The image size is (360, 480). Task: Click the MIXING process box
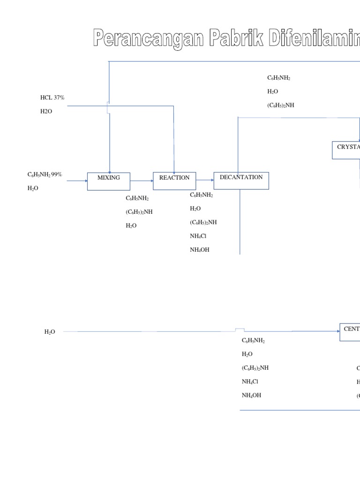point(109,181)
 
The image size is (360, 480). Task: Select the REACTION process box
point(174,180)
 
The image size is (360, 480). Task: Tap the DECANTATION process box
point(241,180)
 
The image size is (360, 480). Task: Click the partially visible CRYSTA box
point(346,150)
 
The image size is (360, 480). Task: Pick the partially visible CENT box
point(350,332)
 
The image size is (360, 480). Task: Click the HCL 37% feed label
point(52,97)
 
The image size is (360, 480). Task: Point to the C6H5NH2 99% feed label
point(45,174)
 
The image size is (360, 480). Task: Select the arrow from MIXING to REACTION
point(142,181)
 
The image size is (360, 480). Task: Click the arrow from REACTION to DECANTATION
point(205,180)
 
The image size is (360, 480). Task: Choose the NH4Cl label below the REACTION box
point(198,236)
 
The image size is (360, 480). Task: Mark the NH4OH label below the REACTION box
point(199,250)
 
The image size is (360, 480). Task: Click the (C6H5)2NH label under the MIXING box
point(139,212)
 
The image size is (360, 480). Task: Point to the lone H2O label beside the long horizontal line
point(50,332)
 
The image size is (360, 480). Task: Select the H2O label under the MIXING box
point(131,225)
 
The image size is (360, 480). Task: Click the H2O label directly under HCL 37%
point(46,112)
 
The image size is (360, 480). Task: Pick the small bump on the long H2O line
point(240,330)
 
